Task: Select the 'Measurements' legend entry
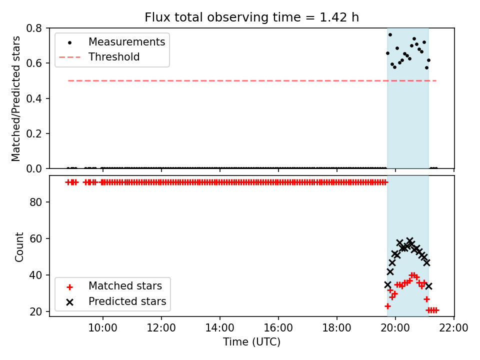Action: click(126, 42)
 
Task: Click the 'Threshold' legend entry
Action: click(114, 57)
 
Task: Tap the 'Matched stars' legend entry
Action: click(125, 286)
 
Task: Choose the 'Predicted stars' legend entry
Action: click(127, 301)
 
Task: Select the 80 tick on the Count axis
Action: click(35, 202)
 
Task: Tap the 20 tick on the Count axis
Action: click(35, 311)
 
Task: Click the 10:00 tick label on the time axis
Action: click(103, 328)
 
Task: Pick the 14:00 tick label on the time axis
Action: click(220, 328)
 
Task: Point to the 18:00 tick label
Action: click(336, 328)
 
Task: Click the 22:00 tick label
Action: click(453, 328)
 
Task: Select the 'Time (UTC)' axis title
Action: click(251, 342)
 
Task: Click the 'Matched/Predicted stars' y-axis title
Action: click(16, 98)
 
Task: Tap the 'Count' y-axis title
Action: click(19, 247)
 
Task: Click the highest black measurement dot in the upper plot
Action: click(390, 35)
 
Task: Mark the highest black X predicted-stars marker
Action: click(409, 240)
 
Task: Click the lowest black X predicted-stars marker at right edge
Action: click(428, 286)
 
